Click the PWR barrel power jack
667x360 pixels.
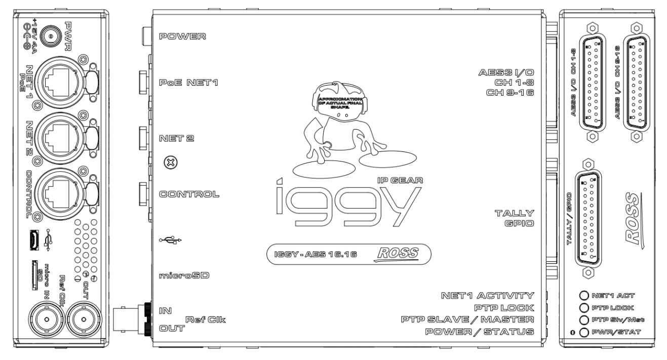click(x=49, y=35)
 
